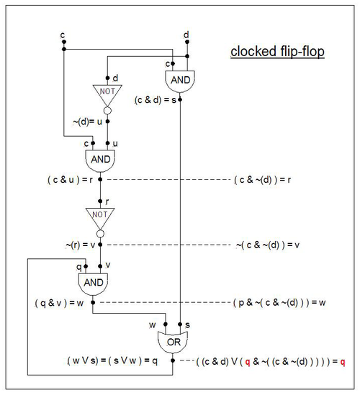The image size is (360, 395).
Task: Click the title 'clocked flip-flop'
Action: point(277,52)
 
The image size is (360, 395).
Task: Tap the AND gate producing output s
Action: point(180,81)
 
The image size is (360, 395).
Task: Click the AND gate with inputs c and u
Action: point(100,160)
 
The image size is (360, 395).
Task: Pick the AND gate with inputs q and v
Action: point(94,284)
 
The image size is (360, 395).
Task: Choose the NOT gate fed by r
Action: point(100,219)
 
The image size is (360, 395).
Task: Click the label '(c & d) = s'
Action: point(156,100)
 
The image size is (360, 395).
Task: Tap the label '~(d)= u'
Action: point(87,122)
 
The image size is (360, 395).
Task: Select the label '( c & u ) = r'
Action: point(70,180)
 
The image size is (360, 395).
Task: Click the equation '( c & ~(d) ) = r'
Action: point(262,180)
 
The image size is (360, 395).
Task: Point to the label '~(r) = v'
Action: point(81,245)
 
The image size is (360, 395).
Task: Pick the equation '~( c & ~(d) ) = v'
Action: point(268,245)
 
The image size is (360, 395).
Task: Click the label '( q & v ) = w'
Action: point(59,303)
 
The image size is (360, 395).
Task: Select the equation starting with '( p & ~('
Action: point(279,302)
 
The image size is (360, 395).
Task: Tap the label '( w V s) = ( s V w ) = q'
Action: point(112,360)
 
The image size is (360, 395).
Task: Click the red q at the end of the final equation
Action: point(342,362)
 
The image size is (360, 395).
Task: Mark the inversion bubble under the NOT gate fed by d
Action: point(107,110)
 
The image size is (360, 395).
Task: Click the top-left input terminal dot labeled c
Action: point(64,42)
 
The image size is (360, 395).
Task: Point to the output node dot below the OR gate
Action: point(173,360)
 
